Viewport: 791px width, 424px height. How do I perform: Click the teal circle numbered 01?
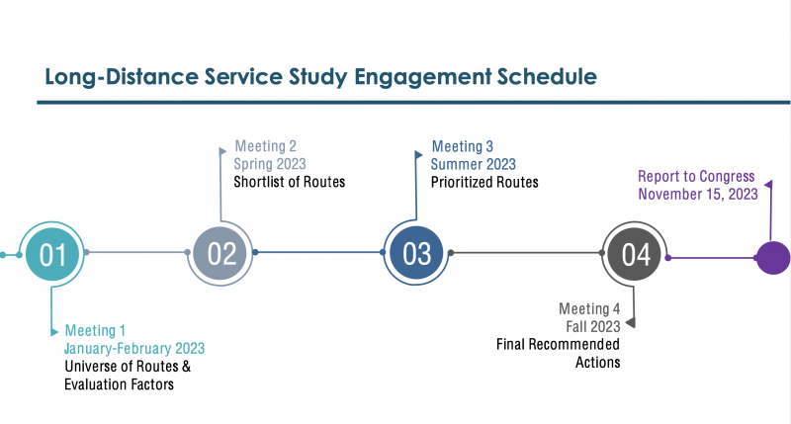coord(52,254)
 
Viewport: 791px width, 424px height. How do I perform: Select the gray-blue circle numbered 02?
coord(221,254)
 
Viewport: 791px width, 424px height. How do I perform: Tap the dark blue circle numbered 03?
coord(416,254)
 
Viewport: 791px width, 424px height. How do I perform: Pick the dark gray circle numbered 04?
coord(635,254)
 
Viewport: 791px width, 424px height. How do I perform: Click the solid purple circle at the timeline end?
coord(772,257)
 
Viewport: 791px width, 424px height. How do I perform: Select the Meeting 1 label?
coord(95,330)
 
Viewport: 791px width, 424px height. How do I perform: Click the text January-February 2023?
coord(134,348)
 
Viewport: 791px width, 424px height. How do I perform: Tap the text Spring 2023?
coord(270,164)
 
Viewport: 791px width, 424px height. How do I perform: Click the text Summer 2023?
coord(473,164)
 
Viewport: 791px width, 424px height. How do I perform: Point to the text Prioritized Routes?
coord(484,182)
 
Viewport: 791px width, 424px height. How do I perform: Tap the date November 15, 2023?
coord(698,194)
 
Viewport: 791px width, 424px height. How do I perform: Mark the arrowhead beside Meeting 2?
coord(221,151)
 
